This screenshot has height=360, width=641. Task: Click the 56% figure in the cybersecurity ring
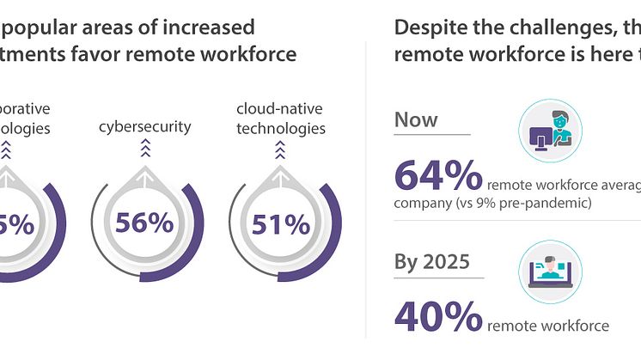[x=144, y=223]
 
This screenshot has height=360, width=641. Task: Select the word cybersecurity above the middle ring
[x=143, y=128]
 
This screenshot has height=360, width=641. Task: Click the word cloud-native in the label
[x=280, y=109]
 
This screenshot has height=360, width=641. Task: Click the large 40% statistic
[x=437, y=317]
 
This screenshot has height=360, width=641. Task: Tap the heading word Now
[x=417, y=119]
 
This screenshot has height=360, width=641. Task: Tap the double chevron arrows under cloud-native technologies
[x=279, y=152]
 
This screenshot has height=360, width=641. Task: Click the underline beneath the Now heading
[x=432, y=135]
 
